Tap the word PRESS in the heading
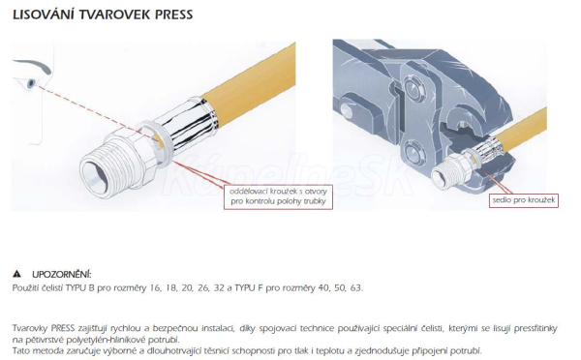coord(173,15)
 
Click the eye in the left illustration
coord(31,83)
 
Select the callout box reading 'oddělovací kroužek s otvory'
coord(278,196)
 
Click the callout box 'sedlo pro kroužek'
coord(524,200)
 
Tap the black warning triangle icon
coord(16,274)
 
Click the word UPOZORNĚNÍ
coord(62,275)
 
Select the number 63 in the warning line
coord(355,287)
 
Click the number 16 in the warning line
coord(155,287)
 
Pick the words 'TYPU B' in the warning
coord(80,287)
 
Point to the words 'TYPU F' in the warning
coord(249,287)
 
